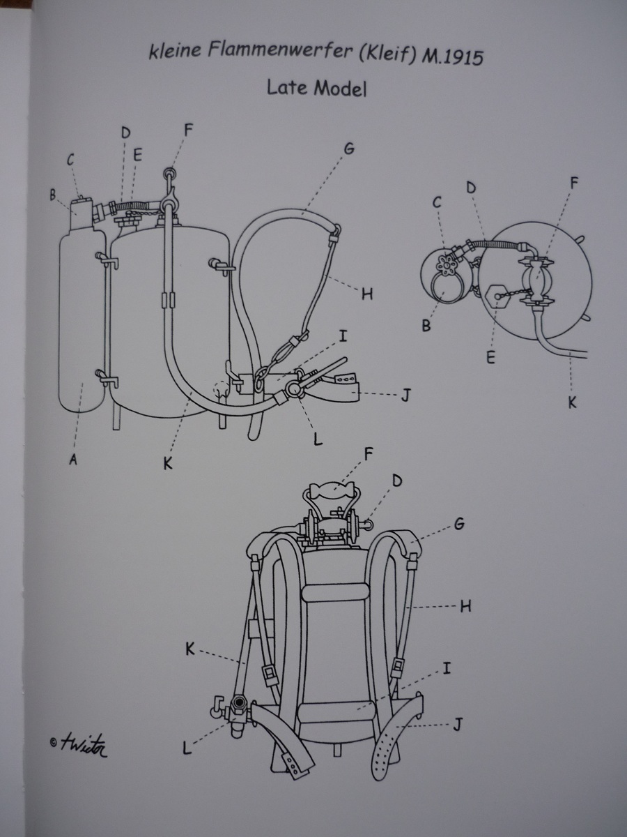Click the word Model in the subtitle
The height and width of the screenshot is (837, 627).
341,89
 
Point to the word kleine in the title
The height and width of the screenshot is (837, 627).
175,50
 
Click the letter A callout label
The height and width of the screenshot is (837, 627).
73,460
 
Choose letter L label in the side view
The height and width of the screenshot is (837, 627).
318,439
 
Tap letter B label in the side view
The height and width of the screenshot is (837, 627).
52,195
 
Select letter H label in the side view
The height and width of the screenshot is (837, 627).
367,294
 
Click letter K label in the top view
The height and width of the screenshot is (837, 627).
573,402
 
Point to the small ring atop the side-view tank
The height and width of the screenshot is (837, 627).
169,174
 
